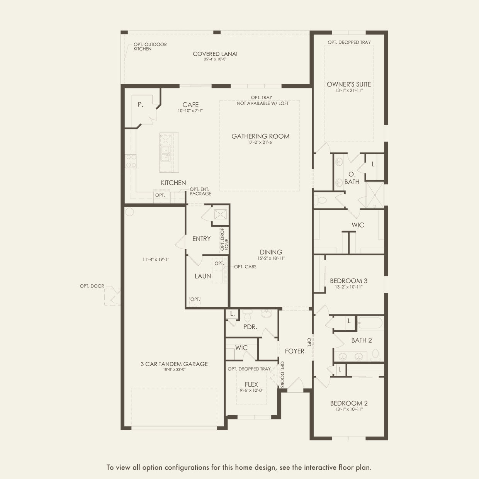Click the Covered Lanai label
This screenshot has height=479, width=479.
point(215,54)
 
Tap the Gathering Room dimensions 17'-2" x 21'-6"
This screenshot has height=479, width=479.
point(260,142)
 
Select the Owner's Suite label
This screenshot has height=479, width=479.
point(349,84)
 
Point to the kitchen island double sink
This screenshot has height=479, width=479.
point(165,154)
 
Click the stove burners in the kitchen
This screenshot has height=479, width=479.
point(131,161)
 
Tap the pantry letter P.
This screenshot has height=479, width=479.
point(141,105)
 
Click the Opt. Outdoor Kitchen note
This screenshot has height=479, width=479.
point(150,46)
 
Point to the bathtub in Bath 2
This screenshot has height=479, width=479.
point(371,323)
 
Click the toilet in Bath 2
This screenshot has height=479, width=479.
point(375,355)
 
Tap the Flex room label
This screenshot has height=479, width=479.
point(251,384)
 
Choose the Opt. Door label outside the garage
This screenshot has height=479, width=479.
point(92,286)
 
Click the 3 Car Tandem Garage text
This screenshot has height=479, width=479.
point(174,364)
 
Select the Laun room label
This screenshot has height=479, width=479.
point(202,276)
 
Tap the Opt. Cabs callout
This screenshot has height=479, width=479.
point(245,267)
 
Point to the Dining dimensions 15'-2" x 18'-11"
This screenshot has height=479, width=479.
point(271,258)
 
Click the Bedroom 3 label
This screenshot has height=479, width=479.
point(348,281)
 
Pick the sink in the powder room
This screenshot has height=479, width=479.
point(266,313)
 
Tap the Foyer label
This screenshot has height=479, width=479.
point(295,351)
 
